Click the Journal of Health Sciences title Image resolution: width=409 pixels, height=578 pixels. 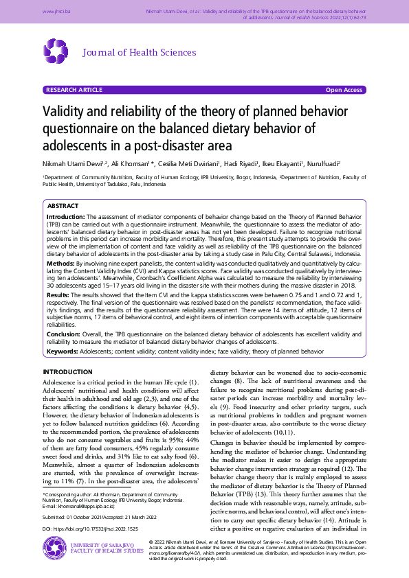click(x=140, y=53)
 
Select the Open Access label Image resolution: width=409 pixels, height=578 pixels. click(x=344, y=90)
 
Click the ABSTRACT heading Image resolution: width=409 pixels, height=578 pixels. click(x=64, y=206)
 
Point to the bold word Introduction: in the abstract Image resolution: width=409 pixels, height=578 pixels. click(x=65, y=216)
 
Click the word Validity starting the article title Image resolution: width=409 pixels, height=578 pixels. click(x=65, y=113)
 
